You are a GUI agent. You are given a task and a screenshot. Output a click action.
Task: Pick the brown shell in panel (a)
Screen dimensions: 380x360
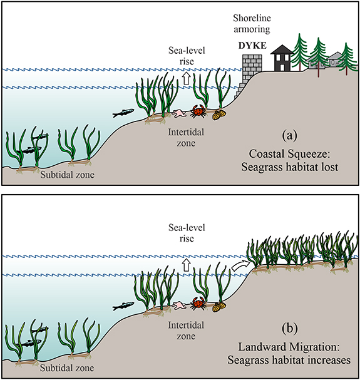(x=219, y=115)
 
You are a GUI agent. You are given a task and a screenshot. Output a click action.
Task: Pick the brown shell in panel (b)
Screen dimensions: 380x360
(x=219, y=306)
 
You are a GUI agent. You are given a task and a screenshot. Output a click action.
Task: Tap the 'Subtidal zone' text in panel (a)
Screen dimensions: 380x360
(x=68, y=175)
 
